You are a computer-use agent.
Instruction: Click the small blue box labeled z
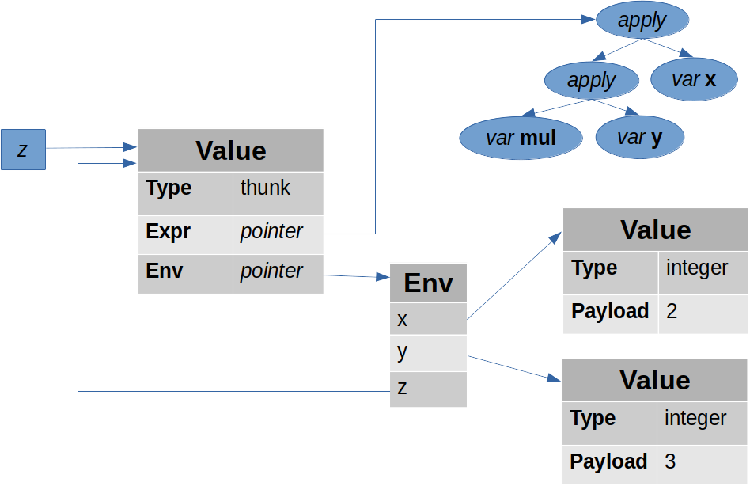(23, 150)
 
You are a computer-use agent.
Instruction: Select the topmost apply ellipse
(642, 21)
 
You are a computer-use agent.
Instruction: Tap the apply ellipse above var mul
(591, 80)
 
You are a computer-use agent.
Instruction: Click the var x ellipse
(693, 80)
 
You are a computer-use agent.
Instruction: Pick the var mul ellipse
(521, 139)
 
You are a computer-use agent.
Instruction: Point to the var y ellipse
(639, 139)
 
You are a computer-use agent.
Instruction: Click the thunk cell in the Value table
(278, 192)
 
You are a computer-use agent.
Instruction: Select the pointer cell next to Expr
(278, 233)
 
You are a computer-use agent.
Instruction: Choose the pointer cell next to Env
(278, 272)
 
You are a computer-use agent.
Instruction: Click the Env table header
(428, 283)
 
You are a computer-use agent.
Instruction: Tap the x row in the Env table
(428, 319)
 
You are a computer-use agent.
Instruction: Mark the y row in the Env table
(428, 352)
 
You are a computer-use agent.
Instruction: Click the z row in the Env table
(428, 389)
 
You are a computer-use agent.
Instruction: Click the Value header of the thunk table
(230, 150)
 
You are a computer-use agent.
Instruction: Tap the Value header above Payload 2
(655, 230)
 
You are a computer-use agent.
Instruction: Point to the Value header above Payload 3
(655, 380)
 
